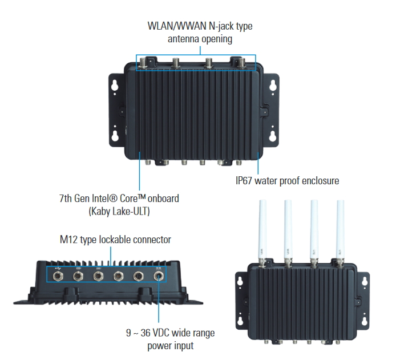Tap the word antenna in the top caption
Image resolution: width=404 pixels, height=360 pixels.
point(187,39)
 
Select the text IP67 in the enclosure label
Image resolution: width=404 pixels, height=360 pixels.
point(247,181)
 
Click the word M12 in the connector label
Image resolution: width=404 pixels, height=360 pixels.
point(70,240)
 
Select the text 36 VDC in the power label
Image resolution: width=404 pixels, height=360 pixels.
point(165,333)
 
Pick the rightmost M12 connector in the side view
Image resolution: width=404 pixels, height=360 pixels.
point(159,277)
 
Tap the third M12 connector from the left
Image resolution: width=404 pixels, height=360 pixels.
point(98,277)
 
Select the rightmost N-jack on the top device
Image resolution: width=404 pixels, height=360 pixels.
point(240,62)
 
